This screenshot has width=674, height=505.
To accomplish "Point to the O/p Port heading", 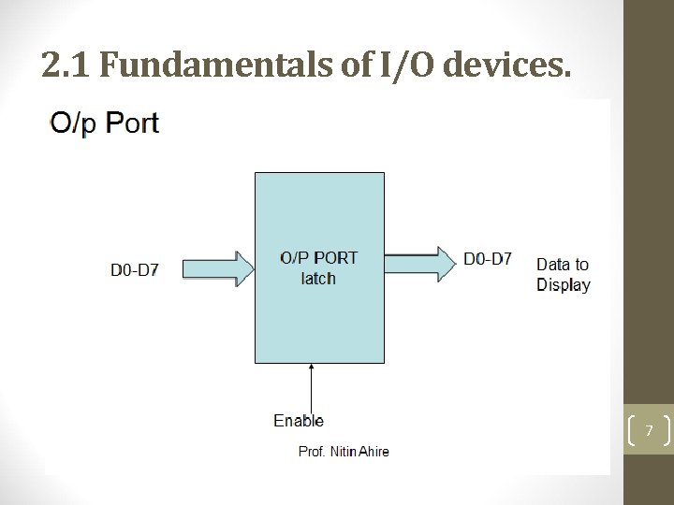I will (x=105, y=123).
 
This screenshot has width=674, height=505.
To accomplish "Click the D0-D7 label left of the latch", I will (x=135, y=270).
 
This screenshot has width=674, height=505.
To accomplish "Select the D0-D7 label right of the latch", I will (x=488, y=259).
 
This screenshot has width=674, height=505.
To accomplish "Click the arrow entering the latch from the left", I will (x=218, y=268).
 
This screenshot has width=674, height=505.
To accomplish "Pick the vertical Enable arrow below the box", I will (x=310, y=385).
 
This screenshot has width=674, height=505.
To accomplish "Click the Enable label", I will (x=298, y=421).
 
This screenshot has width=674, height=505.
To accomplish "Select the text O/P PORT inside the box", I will (x=319, y=258).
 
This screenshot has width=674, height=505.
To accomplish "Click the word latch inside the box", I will (x=318, y=278).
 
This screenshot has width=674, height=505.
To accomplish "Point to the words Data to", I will (x=563, y=265).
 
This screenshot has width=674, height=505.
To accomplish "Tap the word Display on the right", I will (x=564, y=285).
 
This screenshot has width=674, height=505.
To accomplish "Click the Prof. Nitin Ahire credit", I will (x=344, y=452).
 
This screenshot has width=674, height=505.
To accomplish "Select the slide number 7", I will (x=647, y=430).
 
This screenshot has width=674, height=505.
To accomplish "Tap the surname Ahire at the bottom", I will (x=372, y=452).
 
